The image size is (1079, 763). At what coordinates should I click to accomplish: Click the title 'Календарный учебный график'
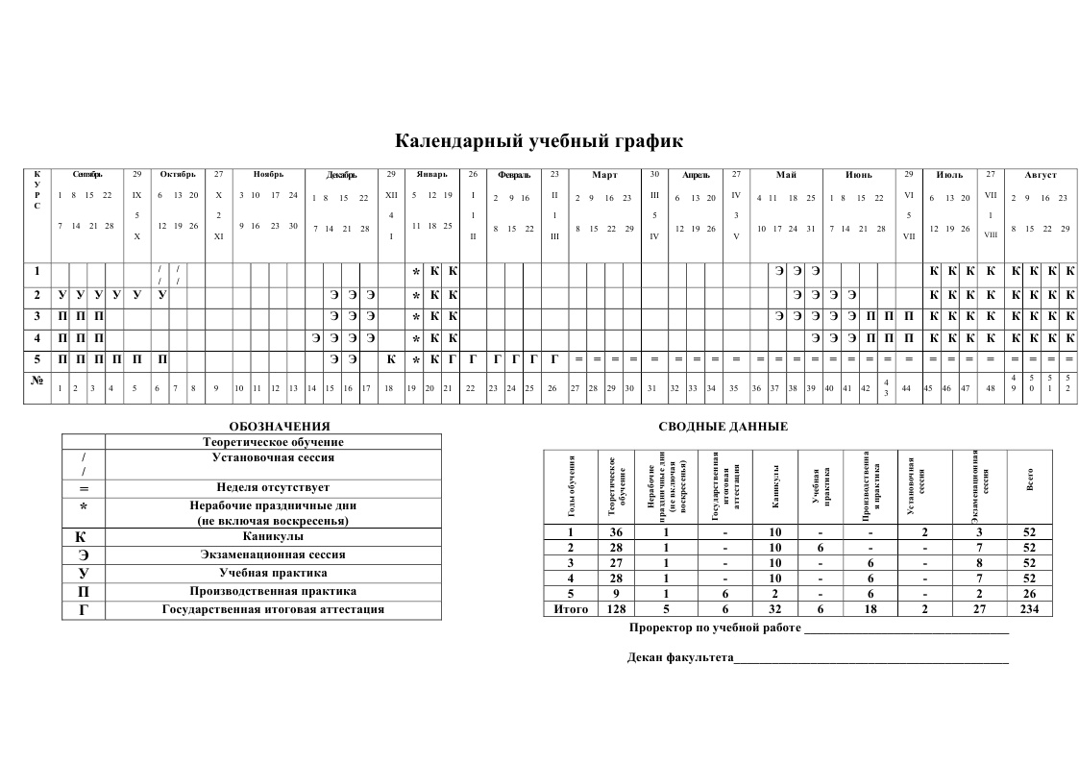pyautogui.click(x=539, y=142)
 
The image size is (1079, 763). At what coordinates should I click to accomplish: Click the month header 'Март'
pyautogui.click(x=604, y=175)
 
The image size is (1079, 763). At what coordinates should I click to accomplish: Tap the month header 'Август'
pyautogui.click(x=1040, y=175)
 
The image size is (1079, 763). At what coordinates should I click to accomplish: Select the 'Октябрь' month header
pyautogui.click(x=178, y=175)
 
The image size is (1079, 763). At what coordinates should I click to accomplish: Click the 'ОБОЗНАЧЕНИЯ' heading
pyautogui.click(x=280, y=426)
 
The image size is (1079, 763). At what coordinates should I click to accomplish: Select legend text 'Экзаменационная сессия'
pyautogui.click(x=273, y=554)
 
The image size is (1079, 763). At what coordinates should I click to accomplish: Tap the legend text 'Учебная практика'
pyautogui.click(x=273, y=573)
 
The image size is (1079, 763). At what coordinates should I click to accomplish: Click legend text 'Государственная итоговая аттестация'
pyautogui.click(x=273, y=609)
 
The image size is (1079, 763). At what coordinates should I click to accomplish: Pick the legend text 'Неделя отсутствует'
pyautogui.click(x=273, y=487)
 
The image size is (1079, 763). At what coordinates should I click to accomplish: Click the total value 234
pyautogui.click(x=1030, y=609)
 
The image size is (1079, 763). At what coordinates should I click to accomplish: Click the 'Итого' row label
pyautogui.click(x=571, y=609)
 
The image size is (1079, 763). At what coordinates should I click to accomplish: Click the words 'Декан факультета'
pyautogui.click(x=679, y=658)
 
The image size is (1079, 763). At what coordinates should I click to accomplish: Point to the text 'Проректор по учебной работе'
pyautogui.click(x=714, y=628)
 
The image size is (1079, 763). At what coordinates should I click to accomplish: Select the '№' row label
pyautogui.click(x=37, y=380)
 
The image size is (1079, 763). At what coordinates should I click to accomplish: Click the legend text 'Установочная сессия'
pyautogui.click(x=273, y=458)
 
